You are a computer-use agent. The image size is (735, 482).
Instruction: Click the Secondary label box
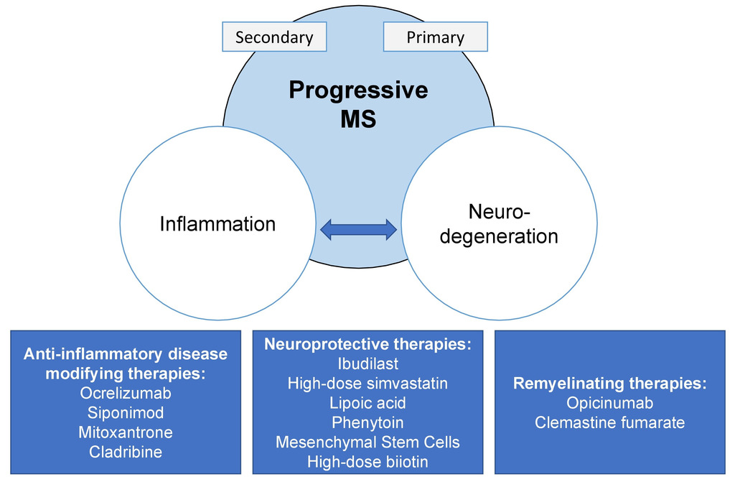click(274, 37)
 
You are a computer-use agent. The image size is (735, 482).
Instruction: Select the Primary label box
click(436, 37)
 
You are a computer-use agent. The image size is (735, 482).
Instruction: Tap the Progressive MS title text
click(359, 103)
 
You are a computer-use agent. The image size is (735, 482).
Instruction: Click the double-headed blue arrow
click(359, 229)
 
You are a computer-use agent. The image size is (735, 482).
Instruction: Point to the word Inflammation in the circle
click(217, 224)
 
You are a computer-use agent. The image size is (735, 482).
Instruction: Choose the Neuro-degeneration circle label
click(500, 224)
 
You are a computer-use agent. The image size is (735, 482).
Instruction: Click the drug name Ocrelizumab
click(126, 393)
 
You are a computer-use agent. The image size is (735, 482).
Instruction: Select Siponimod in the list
click(126, 412)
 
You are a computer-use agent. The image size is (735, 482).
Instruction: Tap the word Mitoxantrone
click(126, 432)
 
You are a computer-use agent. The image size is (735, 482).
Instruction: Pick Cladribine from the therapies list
click(126, 452)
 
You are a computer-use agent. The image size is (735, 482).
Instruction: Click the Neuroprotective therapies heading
click(368, 344)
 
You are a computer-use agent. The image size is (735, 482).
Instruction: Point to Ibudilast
click(368, 363)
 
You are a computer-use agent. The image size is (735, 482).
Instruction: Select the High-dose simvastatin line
click(368, 384)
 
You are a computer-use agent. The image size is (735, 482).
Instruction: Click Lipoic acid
click(368, 403)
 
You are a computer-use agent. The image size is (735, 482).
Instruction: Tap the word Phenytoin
click(368, 423)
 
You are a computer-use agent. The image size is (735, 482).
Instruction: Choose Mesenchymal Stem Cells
click(368, 442)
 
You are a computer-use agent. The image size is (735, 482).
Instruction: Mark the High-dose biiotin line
click(368, 462)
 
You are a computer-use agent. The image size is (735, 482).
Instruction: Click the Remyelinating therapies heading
click(610, 384)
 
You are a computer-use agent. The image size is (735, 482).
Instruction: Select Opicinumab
click(610, 403)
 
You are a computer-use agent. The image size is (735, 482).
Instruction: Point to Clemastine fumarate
click(610, 422)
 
